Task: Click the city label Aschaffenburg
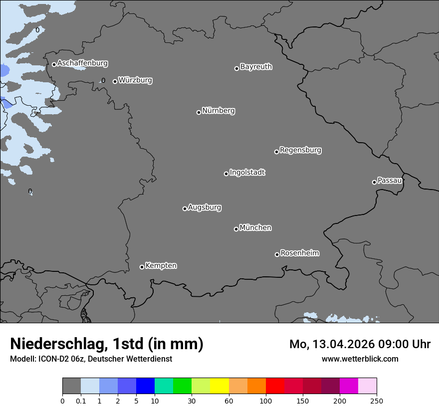click(x=82, y=63)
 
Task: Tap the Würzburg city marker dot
click(x=115, y=81)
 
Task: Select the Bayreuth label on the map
click(x=256, y=66)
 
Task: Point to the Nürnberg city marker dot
click(x=199, y=112)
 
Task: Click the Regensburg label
click(x=300, y=150)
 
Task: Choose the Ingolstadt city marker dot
click(x=226, y=174)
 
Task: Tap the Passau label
click(x=390, y=180)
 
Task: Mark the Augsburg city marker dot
click(x=185, y=208)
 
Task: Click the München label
click(x=255, y=227)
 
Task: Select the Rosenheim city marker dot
click(x=277, y=255)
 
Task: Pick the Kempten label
click(x=161, y=265)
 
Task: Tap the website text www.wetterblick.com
click(x=360, y=359)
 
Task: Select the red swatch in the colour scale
click(x=275, y=386)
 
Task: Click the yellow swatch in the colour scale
click(x=219, y=386)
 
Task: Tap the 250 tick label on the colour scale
click(x=377, y=401)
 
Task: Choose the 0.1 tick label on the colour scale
click(x=81, y=401)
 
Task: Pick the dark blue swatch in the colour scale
click(x=145, y=386)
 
